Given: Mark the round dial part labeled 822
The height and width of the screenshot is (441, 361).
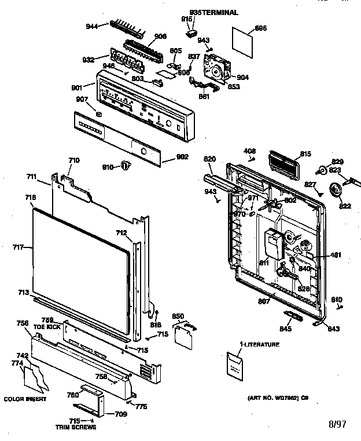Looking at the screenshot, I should point(334,189).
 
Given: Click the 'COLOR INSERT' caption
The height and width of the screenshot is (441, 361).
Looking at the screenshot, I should point(24,399).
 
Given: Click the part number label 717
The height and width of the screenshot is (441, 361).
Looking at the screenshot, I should point(17,247).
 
